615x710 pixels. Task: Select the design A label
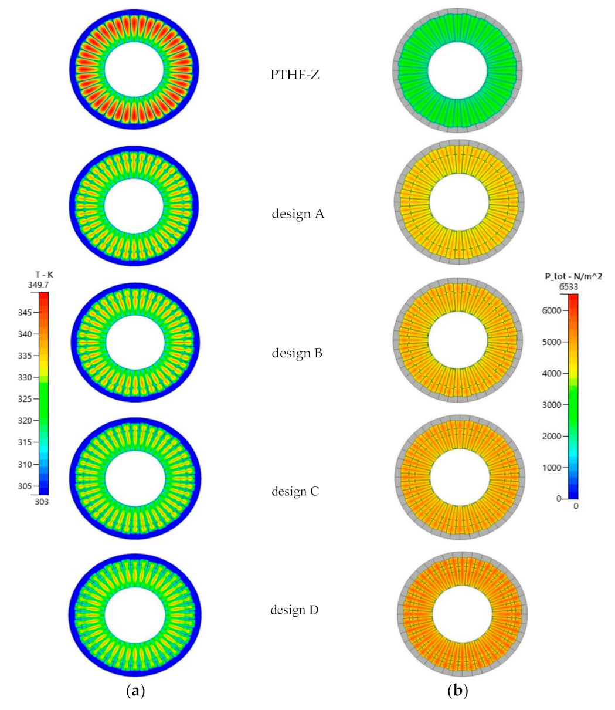click(x=298, y=214)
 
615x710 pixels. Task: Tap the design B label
click(x=297, y=353)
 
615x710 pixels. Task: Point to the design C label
click(x=295, y=491)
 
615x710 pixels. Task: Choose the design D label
click(x=294, y=610)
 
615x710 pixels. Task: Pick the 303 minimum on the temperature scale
click(x=41, y=502)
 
